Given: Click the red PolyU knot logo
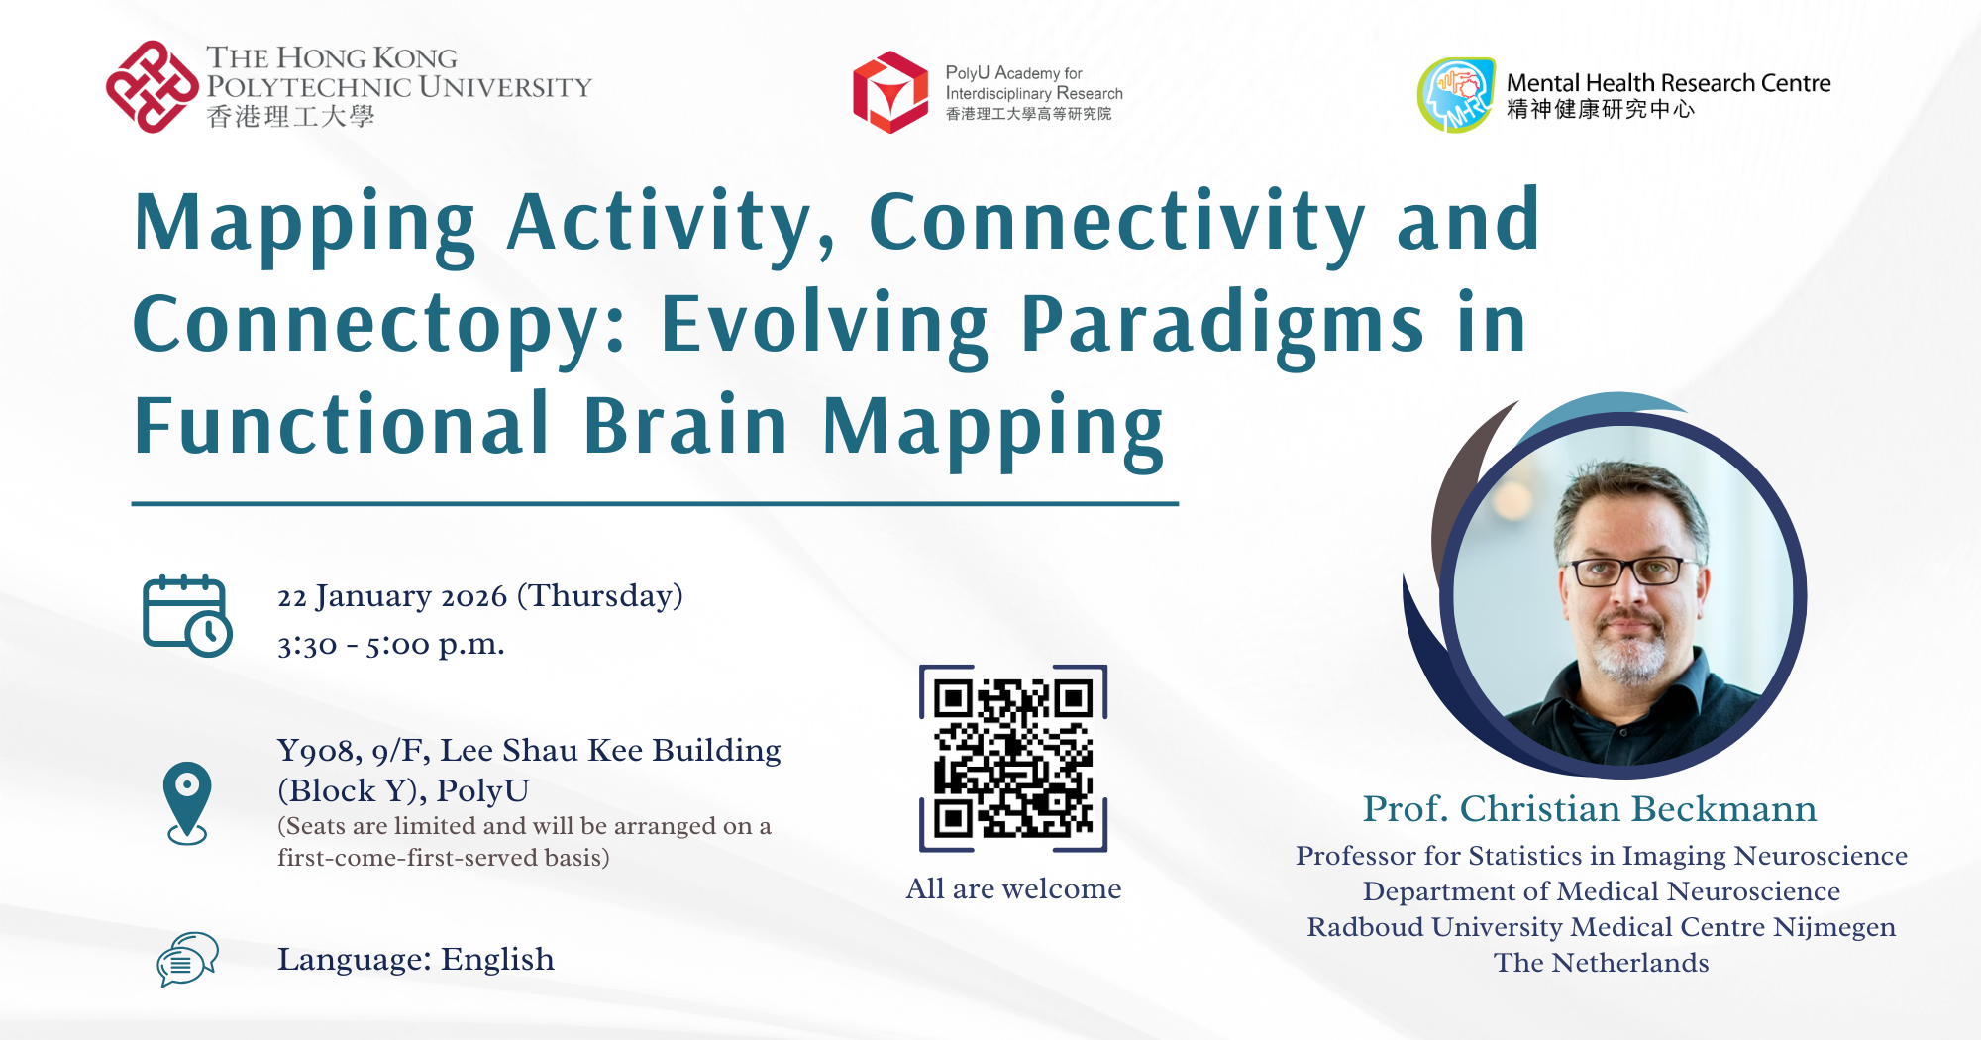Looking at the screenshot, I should click(x=152, y=86).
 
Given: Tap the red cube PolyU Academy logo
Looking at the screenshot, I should click(x=890, y=92).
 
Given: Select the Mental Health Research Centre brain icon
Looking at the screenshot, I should click(x=1456, y=94).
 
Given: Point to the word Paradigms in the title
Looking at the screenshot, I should click(x=1222, y=324).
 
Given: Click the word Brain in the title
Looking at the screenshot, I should click(x=685, y=426).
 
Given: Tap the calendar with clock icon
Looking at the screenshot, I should click(x=187, y=615).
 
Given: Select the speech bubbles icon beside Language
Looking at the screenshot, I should click(x=187, y=959).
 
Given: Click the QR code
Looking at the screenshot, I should click(x=1013, y=758).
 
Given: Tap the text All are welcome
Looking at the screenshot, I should click(x=1013, y=888).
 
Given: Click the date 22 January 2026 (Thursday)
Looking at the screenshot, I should click(x=480, y=596).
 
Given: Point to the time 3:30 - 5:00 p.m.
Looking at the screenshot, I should click(x=391, y=645).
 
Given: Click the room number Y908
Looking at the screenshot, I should click(x=318, y=751).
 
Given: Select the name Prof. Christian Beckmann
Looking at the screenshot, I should click(x=1589, y=809).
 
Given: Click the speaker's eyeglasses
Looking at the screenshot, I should click(x=1627, y=572).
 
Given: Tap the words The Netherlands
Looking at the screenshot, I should click(x=1601, y=963).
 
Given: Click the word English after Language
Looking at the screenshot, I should click(x=497, y=959).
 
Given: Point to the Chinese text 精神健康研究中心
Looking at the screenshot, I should click(x=1601, y=109).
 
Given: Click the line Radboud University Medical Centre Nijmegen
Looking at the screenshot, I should click(x=1601, y=927).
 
